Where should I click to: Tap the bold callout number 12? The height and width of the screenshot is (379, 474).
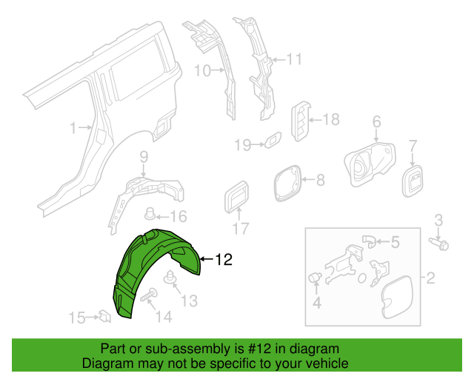pyautogui.click(x=224, y=260)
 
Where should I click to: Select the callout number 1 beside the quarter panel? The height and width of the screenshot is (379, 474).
pyautogui.click(x=73, y=128)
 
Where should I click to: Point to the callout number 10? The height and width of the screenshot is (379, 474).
pyautogui.click(x=202, y=71)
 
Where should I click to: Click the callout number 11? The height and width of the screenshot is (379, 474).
pyautogui.click(x=294, y=59)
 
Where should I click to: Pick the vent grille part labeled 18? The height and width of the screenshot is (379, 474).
pyautogui.click(x=301, y=121)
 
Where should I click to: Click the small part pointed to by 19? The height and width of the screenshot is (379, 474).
pyautogui.click(x=273, y=140)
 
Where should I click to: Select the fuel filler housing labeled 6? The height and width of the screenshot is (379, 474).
pyautogui.click(x=370, y=164)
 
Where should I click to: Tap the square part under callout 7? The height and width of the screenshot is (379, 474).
pyautogui.click(x=413, y=181)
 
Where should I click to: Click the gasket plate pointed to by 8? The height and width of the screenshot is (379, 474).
pyautogui.click(x=287, y=183)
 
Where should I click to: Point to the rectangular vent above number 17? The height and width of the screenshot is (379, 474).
pyautogui.click(x=236, y=197)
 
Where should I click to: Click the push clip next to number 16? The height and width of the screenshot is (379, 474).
pyautogui.click(x=150, y=213)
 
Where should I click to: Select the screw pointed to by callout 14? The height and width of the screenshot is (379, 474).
pyautogui.click(x=149, y=295)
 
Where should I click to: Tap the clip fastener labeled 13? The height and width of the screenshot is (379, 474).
pyautogui.click(x=171, y=277)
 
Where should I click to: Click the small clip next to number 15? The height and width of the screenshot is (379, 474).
pyautogui.click(x=104, y=316)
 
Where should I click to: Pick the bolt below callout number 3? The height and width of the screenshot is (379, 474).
pyautogui.click(x=438, y=244)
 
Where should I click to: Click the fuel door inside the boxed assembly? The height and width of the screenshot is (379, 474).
pyautogui.click(x=397, y=298)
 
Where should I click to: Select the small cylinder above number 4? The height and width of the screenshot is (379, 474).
pyautogui.click(x=315, y=277)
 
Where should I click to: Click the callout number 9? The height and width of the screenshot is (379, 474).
pyautogui.click(x=144, y=157)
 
